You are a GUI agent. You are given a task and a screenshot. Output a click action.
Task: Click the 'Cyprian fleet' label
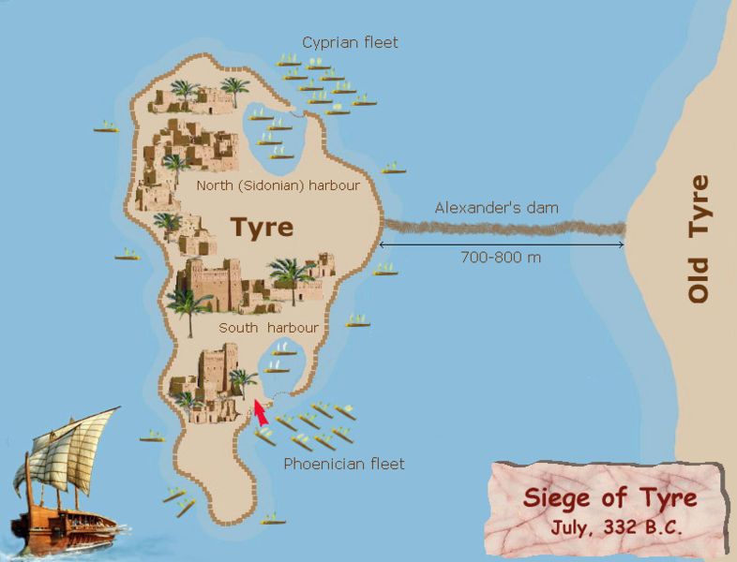point(350,42)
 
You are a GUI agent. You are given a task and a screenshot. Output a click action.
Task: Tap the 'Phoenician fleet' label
point(344,464)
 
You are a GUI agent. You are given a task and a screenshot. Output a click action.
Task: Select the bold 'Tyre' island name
point(262,227)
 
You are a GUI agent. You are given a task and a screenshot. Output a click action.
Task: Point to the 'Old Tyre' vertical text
point(699,239)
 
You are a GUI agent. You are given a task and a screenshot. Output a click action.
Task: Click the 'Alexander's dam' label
point(496,208)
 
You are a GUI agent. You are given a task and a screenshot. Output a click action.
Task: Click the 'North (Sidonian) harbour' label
point(278,185)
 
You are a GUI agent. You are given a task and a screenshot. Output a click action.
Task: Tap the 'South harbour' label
point(268,328)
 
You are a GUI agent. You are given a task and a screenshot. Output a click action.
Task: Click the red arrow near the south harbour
point(258,412)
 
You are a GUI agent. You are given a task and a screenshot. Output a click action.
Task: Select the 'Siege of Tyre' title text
point(609,495)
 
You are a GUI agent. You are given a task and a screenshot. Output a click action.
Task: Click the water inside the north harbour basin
point(272,131)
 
